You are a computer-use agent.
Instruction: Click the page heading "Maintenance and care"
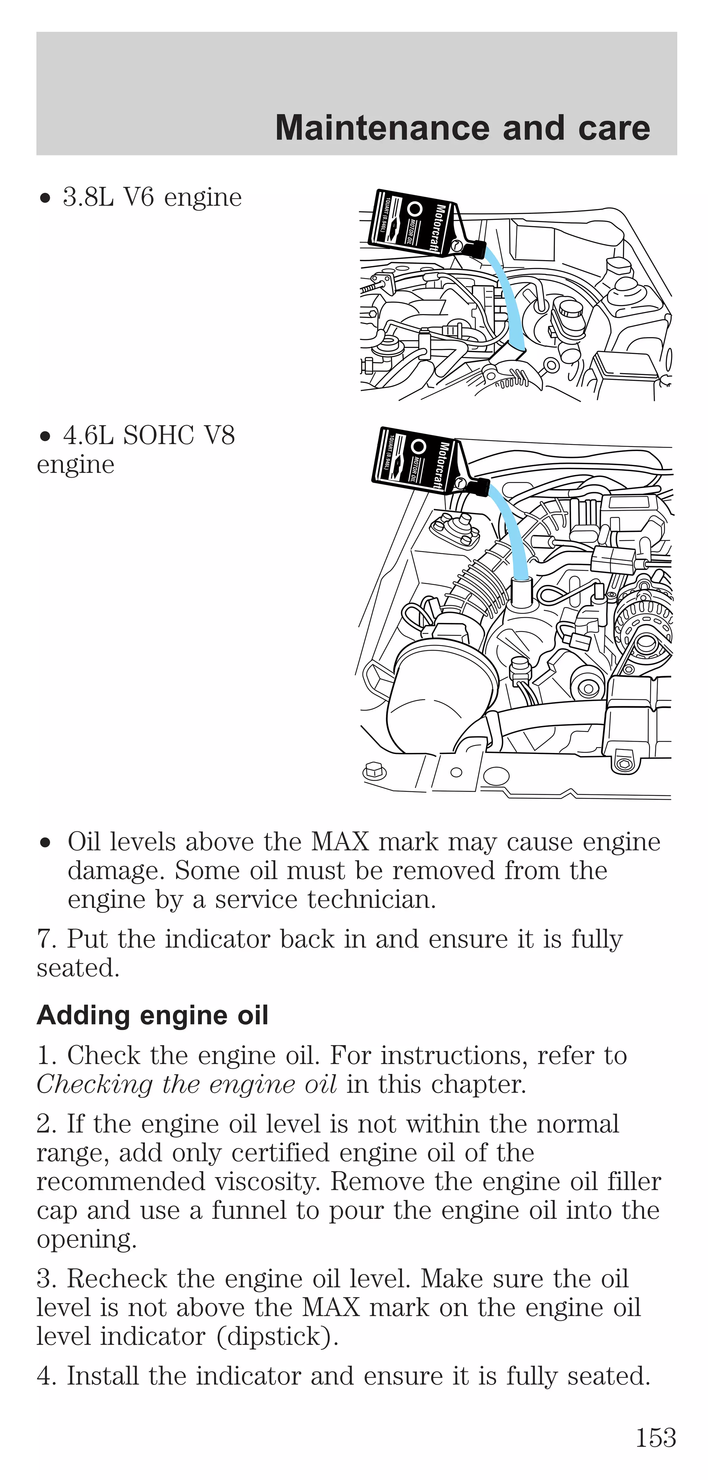click(x=462, y=128)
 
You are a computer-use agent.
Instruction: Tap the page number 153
click(x=655, y=1437)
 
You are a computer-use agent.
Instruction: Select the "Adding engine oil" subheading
click(x=152, y=1015)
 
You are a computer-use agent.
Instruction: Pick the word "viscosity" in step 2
click(x=267, y=1181)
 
